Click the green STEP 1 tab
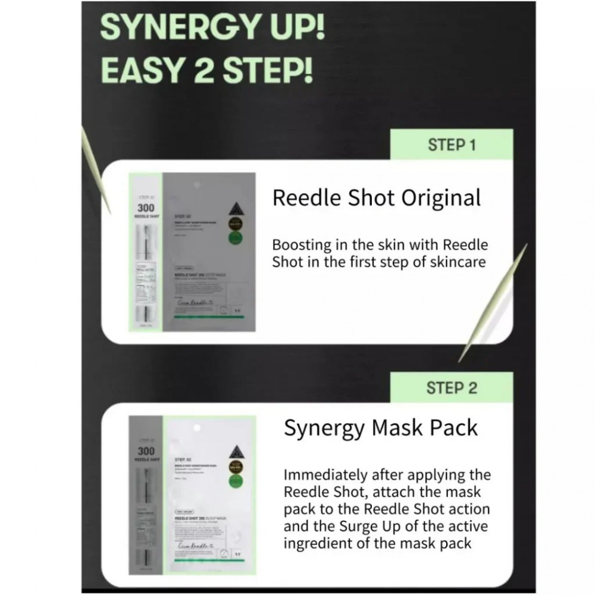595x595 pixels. [x=452, y=145]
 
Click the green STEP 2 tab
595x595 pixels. [x=452, y=388]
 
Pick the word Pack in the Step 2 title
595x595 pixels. [x=455, y=428]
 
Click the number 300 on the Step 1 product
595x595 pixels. [x=146, y=208]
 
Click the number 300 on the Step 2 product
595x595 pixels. [x=146, y=451]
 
